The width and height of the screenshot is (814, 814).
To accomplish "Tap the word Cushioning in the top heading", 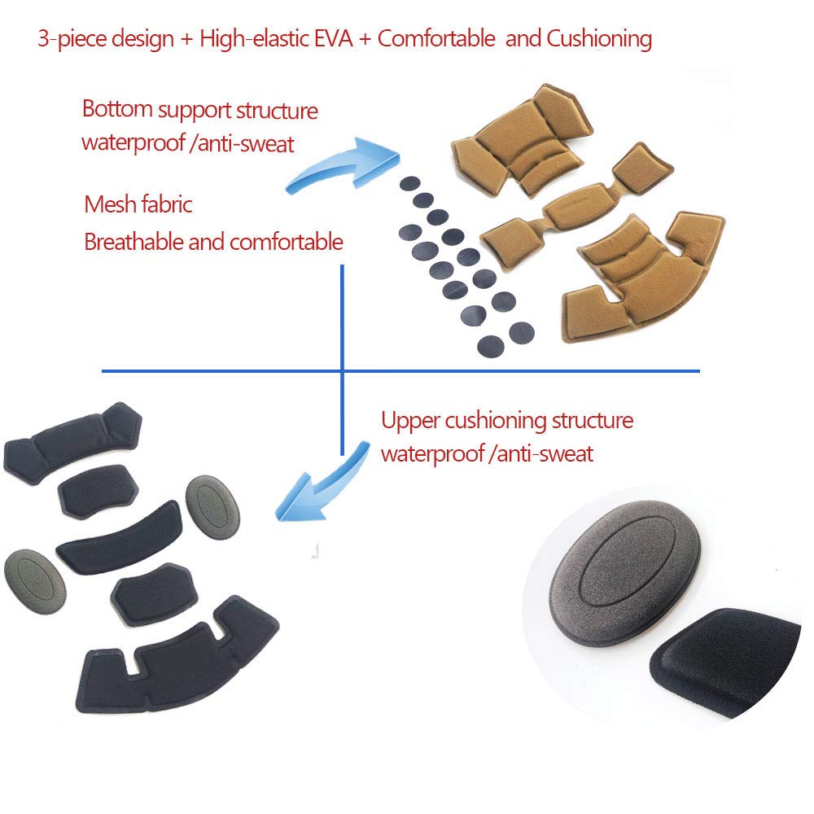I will [x=601, y=38].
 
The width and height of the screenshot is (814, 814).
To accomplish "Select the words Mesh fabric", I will [x=138, y=203].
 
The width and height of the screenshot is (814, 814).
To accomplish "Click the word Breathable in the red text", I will [x=133, y=242].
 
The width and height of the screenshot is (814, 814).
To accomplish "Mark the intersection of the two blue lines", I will [x=342, y=371].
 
